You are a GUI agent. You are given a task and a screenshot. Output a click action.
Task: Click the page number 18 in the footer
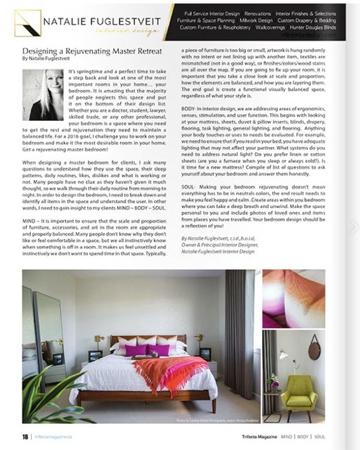[x=25, y=437]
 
